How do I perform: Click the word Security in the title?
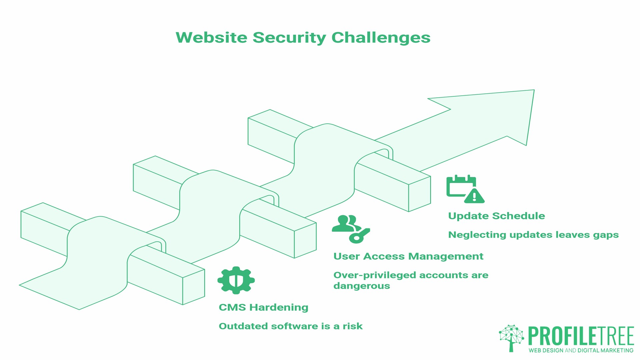(289, 38)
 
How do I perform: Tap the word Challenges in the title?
(381, 38)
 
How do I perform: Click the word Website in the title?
(211, 37)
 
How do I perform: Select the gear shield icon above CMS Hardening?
(236, 280)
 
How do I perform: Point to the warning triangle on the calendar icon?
(474, 196)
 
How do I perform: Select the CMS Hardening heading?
(263, 307)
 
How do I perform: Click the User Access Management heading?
(408, 256)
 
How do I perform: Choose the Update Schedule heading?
(496, 216)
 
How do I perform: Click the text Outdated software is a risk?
(290, 326)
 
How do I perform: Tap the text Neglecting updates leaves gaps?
(533, 235)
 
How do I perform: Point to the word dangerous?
(361, 286)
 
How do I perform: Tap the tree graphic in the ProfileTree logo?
(511, 337)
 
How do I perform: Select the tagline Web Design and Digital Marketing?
(581, 350)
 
